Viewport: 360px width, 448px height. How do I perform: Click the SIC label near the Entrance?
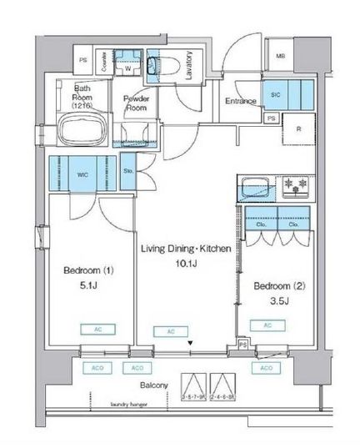pyautogui.click(x=276, y=95)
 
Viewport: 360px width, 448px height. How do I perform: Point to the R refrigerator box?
pyautogui.click(x=298, y=130)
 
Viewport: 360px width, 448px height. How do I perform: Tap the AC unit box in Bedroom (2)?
pyautogui.click(x=267, y=325)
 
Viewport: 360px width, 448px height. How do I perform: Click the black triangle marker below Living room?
pyautogui.click(x=190, y=343)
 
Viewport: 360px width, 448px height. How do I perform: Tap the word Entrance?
pyautogui.click(x=241, y=102)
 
